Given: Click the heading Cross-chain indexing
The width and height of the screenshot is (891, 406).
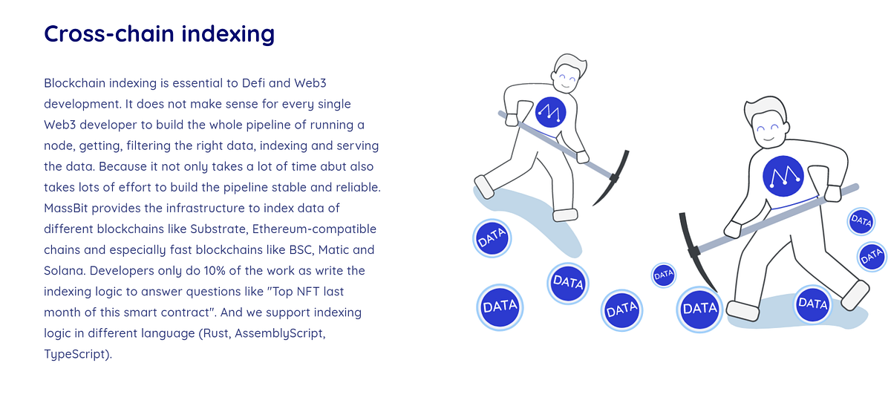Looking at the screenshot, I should [x=159, y=34].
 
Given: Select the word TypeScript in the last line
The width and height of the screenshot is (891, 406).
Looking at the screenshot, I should [x=76, y=354].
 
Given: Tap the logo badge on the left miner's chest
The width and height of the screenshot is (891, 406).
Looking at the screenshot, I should [x=551, y=112].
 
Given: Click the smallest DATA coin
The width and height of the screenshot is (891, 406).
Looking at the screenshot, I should [x=664, y=275].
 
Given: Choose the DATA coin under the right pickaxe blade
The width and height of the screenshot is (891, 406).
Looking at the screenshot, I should [x=699, y=308].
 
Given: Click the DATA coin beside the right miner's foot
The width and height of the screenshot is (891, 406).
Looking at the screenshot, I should [x=812, y=304].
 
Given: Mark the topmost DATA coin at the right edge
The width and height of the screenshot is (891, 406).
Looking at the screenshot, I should [x=861, y=220].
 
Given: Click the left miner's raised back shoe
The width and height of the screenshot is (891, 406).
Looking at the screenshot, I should [x=484, y=186].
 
